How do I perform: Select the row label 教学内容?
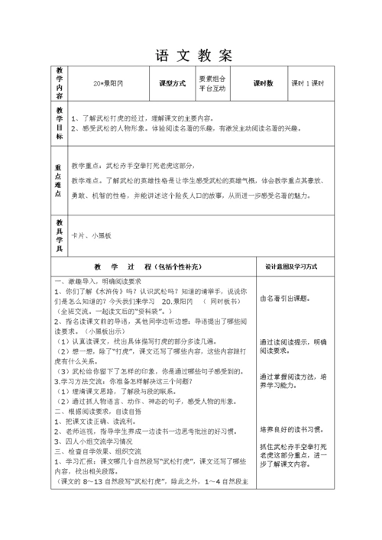[x=60, y=82]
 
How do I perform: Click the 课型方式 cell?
[x=172, y=83]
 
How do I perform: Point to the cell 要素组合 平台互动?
[x=218, y=83]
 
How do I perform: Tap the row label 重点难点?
[x=60, y=181]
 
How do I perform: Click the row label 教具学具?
[x=60, y=234]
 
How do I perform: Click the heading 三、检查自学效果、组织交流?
[x=102, y=451]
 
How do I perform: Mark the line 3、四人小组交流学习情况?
[x=99, y=441]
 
